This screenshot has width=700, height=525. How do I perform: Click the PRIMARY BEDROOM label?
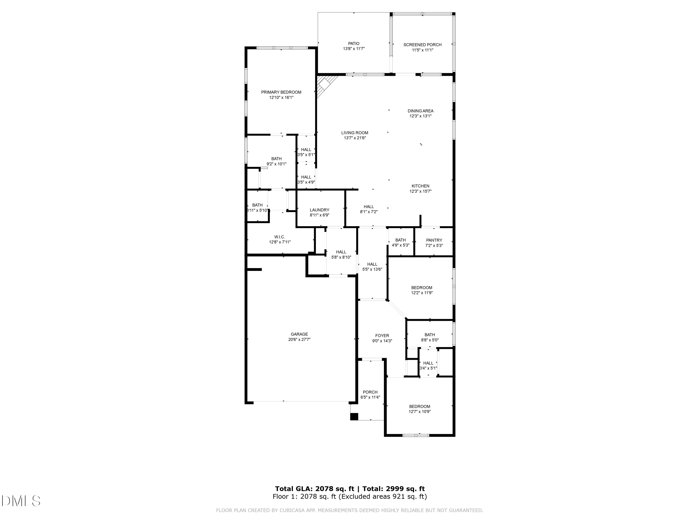pyautogui.click(x=281, y=92)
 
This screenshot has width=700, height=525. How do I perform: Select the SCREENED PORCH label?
pyautogui.click(x=422, y=45)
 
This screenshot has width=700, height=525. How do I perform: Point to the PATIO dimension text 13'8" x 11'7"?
pyautogui.click(x=354, y=49)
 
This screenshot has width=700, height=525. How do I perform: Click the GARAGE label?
pyautogui.click(x=299, y=334)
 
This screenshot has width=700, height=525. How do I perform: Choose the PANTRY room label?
pyautogui.click(x=434, y=240)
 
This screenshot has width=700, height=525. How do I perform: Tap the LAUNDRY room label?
pyautogui.click(x=319, y=210)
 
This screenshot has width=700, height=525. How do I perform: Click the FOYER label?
pyautogui.click(x=382, y=336)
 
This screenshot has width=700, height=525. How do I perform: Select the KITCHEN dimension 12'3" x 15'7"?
pyautogui.click(x=420, y=191)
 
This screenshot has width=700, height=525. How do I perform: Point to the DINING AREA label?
pyautogui.click(x=420, y=111)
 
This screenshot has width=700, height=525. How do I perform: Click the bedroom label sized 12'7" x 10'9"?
pyautogui.click(x=419, y=407)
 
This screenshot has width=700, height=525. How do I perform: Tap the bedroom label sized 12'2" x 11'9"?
pyautogui.click(x=422, y=288)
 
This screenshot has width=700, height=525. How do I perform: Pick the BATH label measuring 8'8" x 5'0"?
pyautogui.click(x=429, y=335)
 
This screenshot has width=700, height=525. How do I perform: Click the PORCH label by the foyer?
pyautogui.click(x=370, y=392)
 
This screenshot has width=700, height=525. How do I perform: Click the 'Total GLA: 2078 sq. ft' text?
pyautogui.click(x=315, y=489)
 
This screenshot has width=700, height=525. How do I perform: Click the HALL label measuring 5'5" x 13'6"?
pyautogui.click(x=372, y=264)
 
